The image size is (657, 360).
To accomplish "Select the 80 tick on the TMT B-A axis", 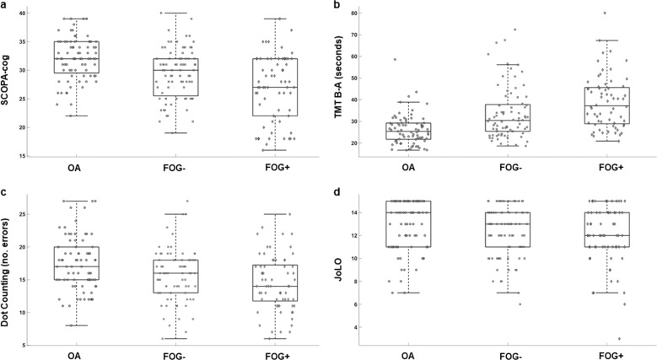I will point(360,13).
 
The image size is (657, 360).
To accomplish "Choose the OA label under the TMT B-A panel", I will point(408,168).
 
